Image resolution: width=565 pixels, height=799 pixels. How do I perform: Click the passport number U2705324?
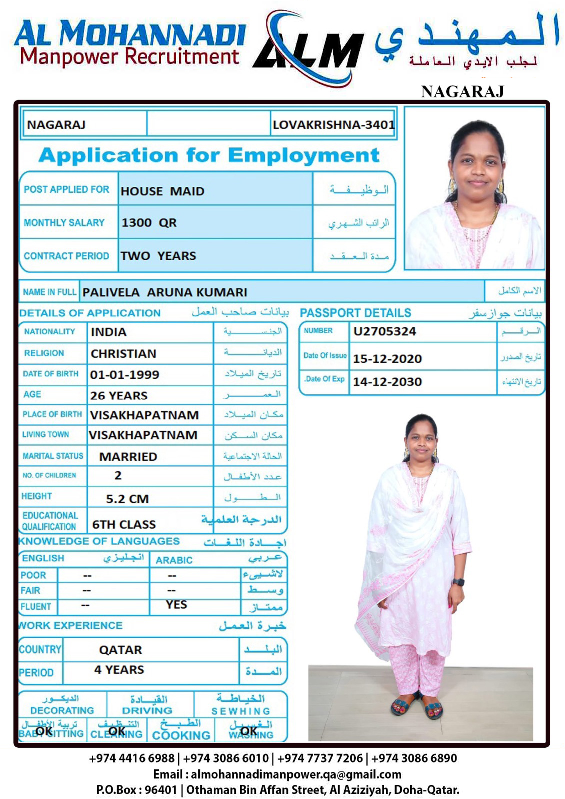pyautogui.click(x=384, y=331)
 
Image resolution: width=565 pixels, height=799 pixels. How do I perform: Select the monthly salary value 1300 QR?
pyautogui.click(x=149, y=223)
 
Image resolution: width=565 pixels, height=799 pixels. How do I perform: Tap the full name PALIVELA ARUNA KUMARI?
pyautogui.click(x=165, y=292)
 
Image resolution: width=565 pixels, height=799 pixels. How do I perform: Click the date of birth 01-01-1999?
pyautogui.click(x=124, y=375)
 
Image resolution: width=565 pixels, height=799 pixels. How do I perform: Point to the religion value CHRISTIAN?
pyautogui.click(x=123, y=354)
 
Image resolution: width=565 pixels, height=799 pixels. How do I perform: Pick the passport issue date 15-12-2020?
pyautogui.click(x=387, y=359)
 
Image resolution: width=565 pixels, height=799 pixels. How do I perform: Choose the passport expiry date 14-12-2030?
pyautogui.click(x=387, y=382)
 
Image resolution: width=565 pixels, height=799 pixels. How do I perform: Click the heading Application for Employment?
pyautogui.click(x=209, y=155)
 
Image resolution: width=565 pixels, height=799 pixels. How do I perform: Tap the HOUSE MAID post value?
pyautogui.click(x=162, y=191)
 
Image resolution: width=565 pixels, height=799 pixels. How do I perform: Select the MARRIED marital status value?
pyautogui.click(x=128, y=457)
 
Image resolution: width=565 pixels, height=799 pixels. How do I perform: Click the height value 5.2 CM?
pyautogui.click(x=127, y=499)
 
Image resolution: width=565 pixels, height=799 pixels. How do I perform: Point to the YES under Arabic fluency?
pyautogui.click(x=176, y=605)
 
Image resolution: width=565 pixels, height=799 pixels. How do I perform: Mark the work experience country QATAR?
pyautogui.click(x=120, y=650)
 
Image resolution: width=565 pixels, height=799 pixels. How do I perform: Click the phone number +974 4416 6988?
pyautogui.click(x=132, y=758)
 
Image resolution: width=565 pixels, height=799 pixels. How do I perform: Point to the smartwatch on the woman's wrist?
pyautogui.click(x=458, y=582)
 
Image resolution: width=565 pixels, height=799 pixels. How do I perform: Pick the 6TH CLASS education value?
pyautogui.click(x=124, y=525)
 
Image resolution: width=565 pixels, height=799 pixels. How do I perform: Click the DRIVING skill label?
pyautogui.click(x=147, y=710)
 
